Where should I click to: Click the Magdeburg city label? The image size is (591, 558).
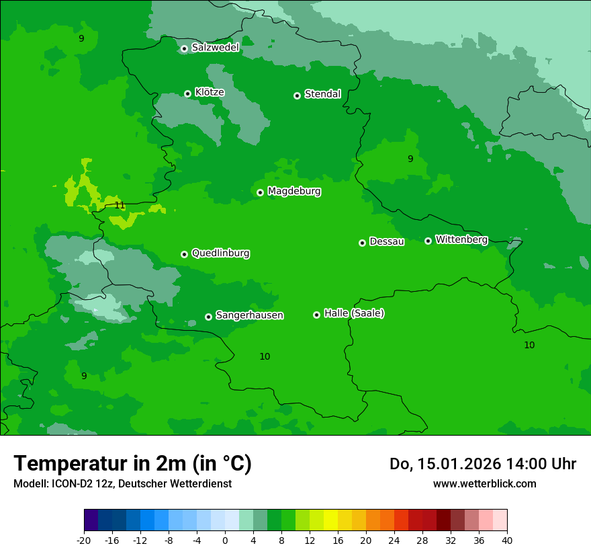[x=293, y=192]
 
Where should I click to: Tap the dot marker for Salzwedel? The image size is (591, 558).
[x=184, y=48]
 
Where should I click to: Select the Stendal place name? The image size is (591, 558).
[x=322, y=94]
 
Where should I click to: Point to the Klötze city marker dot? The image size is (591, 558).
[x=187, y=93]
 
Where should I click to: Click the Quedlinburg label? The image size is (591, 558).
[x=220, y=253]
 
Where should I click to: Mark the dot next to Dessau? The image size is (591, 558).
[x=362, y=243]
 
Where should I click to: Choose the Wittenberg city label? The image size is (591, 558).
[x=461, y=239]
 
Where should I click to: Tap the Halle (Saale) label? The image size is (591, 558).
[x=354, y=313]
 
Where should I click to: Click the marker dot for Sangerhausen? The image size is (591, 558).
[x=208, y=317]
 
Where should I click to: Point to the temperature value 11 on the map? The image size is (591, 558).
[x=120, y=205]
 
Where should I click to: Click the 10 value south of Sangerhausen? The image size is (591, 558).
[x=265, y=356]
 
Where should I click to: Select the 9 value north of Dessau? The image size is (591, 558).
[x=410, y=159]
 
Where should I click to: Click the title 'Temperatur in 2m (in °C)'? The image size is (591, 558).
[x=132, y=463]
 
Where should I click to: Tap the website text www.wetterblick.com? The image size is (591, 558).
[x=484, y=483]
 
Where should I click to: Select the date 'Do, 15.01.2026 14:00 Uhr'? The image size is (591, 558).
[x=483, y=464]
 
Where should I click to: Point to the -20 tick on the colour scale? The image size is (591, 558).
[x=84, y=541]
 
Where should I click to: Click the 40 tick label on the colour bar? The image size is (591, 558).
[x=507, y=541]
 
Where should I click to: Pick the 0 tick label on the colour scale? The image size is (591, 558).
[x=225, y=541]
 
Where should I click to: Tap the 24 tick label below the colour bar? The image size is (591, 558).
[x=394, y=541]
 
